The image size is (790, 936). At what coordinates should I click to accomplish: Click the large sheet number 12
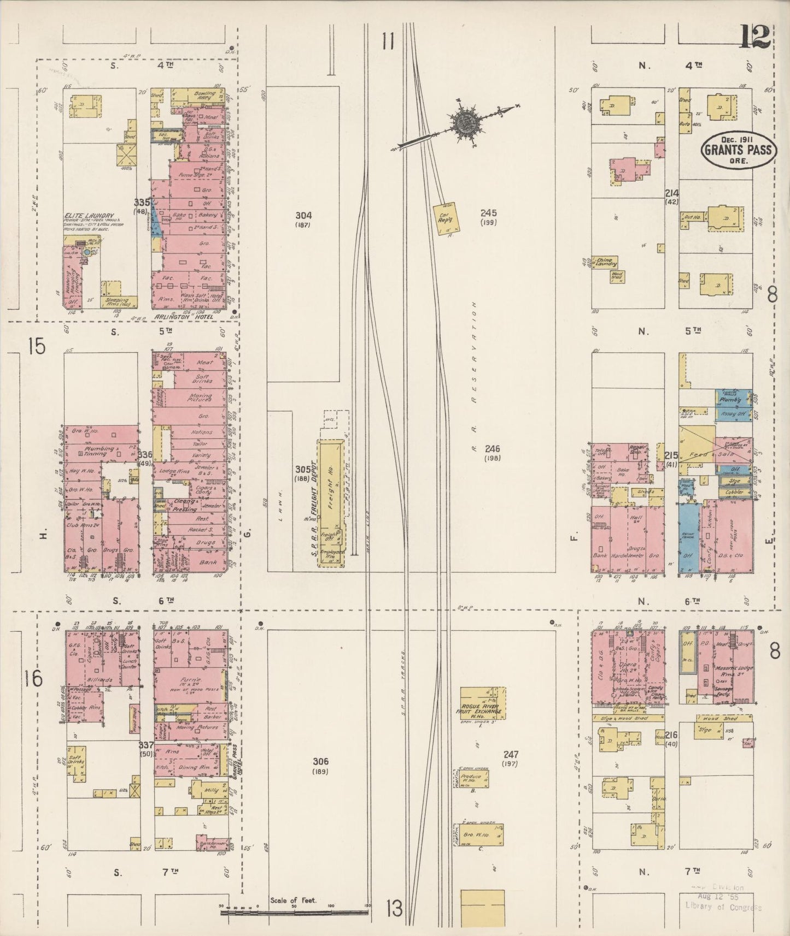(x=755, y=38)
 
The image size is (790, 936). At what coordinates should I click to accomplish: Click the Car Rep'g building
(x=446, y=218)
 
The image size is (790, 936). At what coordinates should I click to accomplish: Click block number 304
(x=302, y=215)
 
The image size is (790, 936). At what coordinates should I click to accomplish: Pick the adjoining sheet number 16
(x=33, y=678)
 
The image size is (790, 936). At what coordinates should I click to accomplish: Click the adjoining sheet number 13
(x=394, y=909)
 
